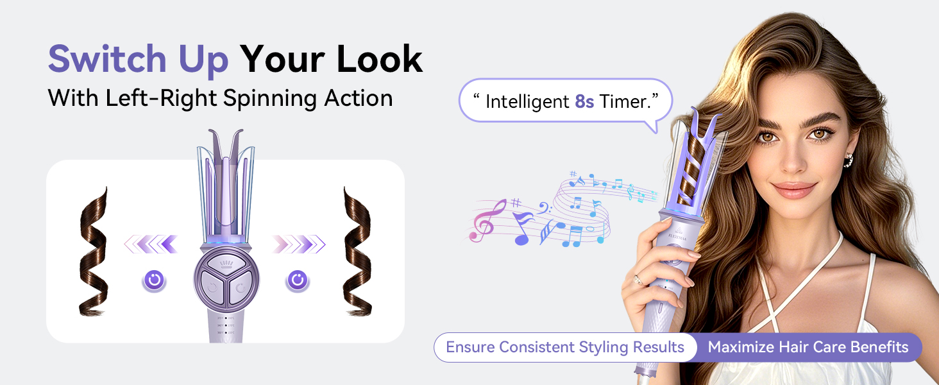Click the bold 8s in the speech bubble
point(584,101)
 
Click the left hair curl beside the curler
point(93,252)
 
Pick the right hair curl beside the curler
point(357,252)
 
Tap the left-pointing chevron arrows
point(151,244)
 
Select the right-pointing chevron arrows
point(298,244)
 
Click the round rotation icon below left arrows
point(154,280)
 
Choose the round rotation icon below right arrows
point(297,280)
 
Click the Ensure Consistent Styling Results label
point(565,347)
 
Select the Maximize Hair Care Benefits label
point(808,347)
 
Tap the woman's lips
point(794,191)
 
